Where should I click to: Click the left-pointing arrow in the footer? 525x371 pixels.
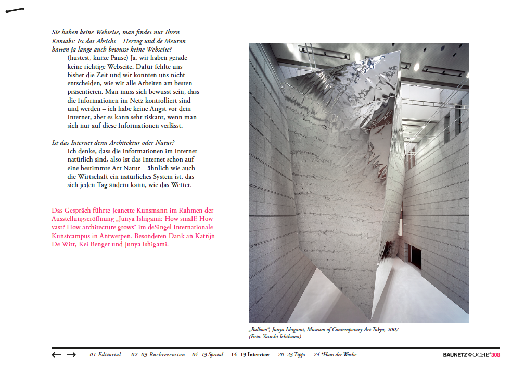coord(56,355)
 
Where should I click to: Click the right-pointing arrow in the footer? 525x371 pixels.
coord(71,355)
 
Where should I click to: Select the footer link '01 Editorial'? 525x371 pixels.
coord(105,355)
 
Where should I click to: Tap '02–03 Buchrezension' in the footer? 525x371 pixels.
coord(158,355)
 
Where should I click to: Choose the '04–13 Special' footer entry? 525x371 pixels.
coord(208,355)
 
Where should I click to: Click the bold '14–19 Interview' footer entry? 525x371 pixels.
coord(250,355)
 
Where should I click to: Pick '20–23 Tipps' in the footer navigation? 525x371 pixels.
coord(291,355)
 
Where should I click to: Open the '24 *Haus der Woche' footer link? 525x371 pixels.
coord(335,355)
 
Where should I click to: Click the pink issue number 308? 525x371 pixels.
coord(495,355)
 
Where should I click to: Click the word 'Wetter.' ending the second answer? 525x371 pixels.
coord(182,185)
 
